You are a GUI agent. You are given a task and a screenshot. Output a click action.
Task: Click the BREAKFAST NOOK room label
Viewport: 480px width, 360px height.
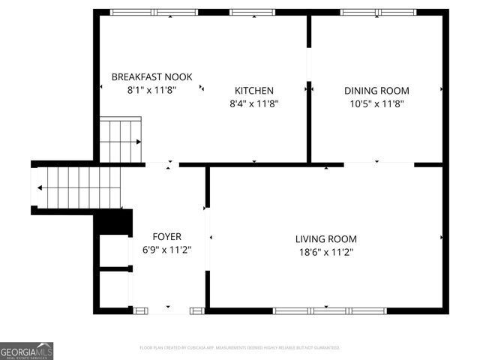(151, 76)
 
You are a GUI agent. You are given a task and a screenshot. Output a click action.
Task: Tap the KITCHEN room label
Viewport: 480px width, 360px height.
(254, 90)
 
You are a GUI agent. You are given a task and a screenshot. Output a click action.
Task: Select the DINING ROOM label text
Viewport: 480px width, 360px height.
(376, 90)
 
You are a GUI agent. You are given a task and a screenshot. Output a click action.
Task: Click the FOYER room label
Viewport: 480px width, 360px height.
(166, 236)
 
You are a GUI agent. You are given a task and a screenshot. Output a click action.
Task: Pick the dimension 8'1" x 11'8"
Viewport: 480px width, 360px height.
(151, 89)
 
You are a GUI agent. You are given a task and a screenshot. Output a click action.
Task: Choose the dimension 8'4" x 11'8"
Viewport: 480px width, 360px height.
(254, 103)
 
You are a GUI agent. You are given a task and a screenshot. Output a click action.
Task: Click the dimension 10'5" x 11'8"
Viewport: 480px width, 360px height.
(376, 103)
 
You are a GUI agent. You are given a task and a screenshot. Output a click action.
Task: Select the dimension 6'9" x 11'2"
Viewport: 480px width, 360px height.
(166, 250)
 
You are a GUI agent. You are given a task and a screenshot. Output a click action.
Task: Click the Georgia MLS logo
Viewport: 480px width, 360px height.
(26, 350)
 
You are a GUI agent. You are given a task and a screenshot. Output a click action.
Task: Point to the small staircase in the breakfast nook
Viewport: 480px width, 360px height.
(121, 140)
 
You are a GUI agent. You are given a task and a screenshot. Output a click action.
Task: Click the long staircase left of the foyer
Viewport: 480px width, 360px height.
(78, 187)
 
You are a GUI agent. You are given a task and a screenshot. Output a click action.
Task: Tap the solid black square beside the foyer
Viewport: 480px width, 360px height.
(115, 223)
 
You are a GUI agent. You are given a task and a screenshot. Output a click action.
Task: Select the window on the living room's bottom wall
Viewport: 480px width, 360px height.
(329, 310)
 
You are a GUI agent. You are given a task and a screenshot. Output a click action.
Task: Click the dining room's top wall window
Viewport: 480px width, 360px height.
(378, 12)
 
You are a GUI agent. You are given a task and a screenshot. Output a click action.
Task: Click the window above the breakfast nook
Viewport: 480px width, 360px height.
(154, 12)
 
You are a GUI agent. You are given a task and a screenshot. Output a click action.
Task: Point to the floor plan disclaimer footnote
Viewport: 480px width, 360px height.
(240, 348)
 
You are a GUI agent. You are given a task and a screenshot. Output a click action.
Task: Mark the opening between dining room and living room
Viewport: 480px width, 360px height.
(379, 164)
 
